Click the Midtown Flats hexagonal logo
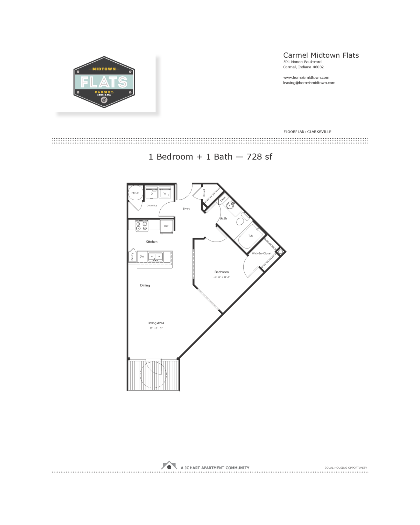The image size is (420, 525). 104,82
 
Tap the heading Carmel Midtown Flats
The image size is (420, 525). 321,55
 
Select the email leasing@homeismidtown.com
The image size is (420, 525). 309,83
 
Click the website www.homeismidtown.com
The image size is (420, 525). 306,78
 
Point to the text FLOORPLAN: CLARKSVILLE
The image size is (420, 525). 307,132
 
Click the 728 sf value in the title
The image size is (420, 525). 259,157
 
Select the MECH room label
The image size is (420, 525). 135,193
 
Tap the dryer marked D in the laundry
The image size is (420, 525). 152,193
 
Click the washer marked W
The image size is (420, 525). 165,193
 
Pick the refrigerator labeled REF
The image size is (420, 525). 166,226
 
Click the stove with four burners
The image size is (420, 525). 142,226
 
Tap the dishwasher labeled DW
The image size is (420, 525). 142,257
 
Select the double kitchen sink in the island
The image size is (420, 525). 155,257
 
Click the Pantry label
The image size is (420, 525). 132,257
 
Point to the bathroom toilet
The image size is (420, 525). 240,221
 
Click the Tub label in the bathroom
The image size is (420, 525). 251,236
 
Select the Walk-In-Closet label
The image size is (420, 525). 261,253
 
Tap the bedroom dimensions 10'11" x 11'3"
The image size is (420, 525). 222,277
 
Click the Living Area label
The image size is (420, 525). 156,323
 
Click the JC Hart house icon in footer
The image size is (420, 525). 169,466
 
